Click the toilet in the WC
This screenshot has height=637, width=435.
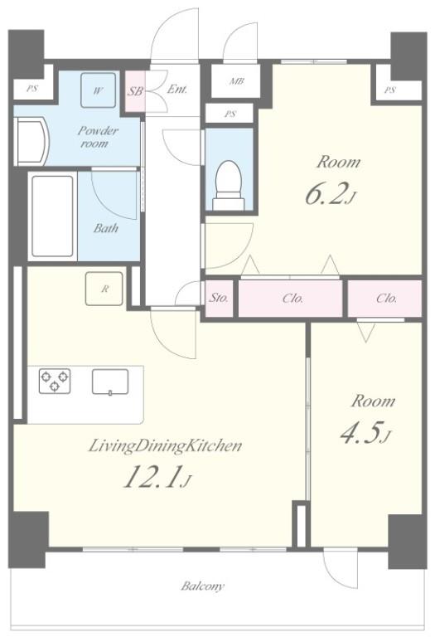[x=230, y=185]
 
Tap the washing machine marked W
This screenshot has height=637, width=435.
[x=97, y=90]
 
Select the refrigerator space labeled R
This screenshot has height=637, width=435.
[x=104, y=289]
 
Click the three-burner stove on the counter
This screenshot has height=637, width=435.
[x=55, y=381]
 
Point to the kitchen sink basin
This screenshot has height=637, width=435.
[x=110, y=382]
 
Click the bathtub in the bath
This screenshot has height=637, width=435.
[x=53, y=216]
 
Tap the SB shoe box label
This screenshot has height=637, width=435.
[x=135, y=91]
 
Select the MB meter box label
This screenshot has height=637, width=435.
[x=237, y=81]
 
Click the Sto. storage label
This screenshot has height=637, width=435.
[x=219, y=298]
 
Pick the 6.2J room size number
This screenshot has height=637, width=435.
[x=331, y=194]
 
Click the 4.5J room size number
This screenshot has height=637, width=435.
[x=365, y=434]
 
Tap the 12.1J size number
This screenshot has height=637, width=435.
[x=157, y=476]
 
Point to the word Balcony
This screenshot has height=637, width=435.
[x=202, y=586]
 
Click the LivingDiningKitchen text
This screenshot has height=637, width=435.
[x=165, y=446]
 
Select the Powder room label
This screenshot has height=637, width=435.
[x=98, y=137]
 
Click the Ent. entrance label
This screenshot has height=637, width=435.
[x=177, y=89]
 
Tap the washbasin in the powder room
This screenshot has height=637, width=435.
[x=31, y=141]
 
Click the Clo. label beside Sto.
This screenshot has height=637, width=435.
[x=292, y=299]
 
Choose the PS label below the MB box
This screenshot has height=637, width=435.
[x=230, y=114]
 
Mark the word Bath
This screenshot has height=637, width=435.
[x=106, y=228]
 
